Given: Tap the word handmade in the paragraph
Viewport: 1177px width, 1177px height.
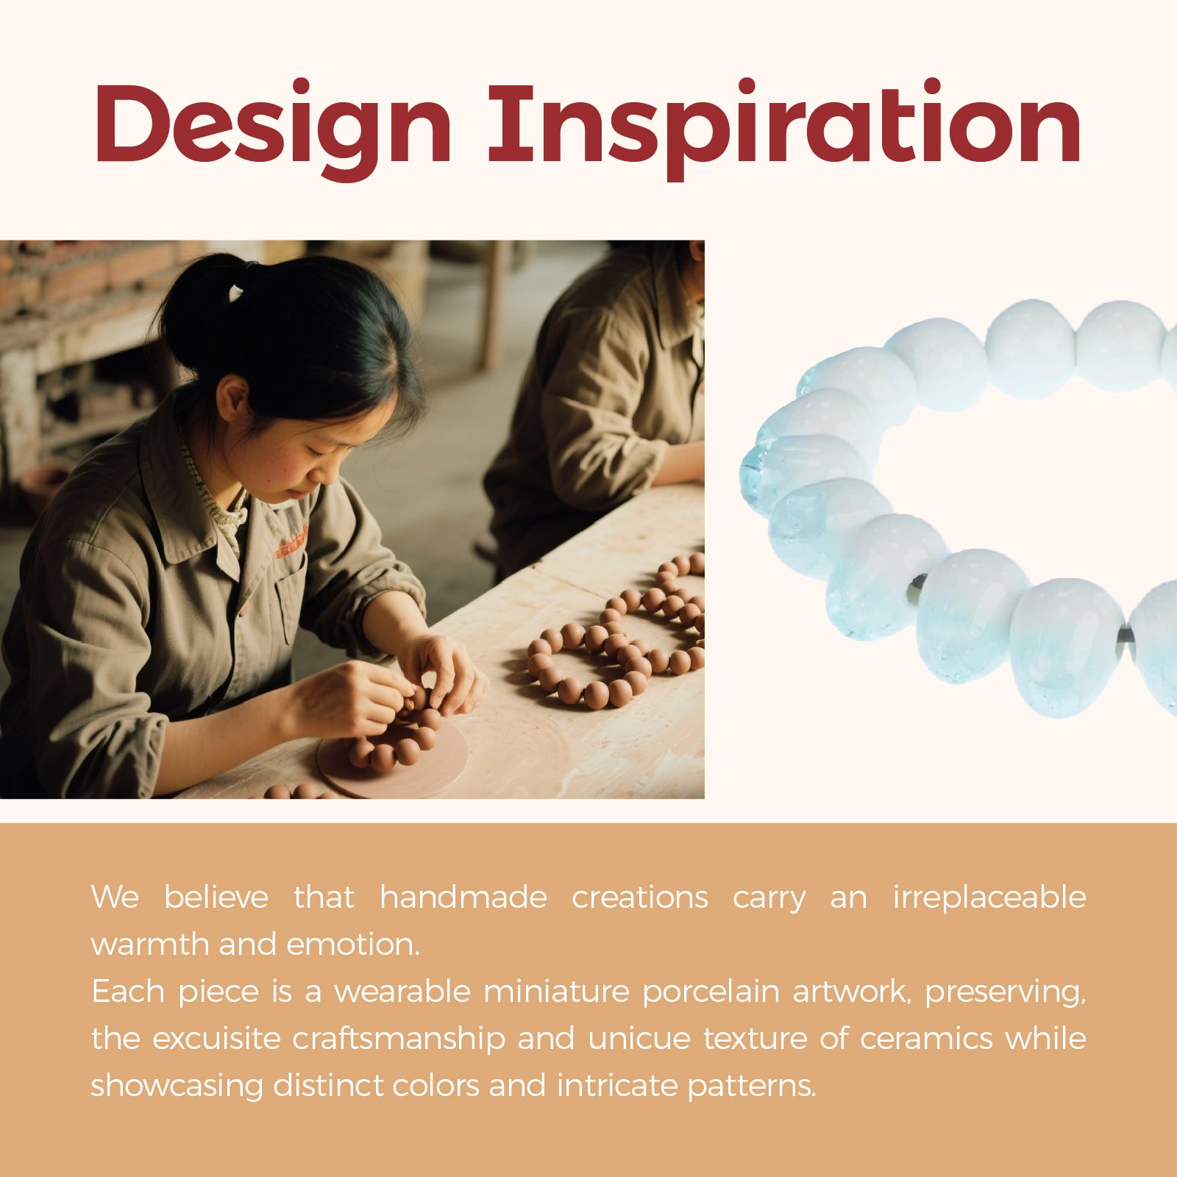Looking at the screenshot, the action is pos(463,897).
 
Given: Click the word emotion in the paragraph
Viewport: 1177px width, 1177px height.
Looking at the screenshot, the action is pos(353,945).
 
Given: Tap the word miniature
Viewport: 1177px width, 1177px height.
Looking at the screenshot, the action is pos(556,992).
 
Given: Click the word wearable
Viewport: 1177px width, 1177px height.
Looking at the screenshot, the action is pos(402,992).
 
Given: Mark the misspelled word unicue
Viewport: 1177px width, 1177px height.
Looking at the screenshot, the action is pos(639,1039).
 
